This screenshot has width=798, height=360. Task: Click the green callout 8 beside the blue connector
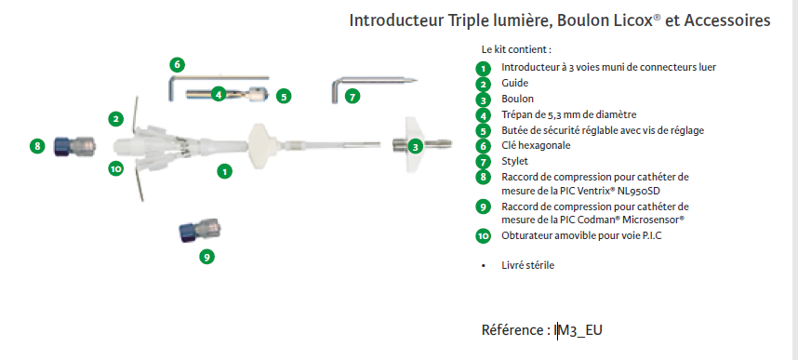click(x=37, y=146)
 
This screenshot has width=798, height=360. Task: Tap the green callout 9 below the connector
click(x=206, y=257)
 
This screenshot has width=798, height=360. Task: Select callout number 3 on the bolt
click(x=416, y=147)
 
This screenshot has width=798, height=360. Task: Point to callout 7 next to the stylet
click(x=352, y=96)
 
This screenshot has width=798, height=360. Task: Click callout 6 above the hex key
click(x=177, y=65)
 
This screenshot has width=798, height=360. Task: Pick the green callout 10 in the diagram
click(x=116, y=168)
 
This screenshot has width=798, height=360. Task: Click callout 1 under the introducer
click(x=224, y=171)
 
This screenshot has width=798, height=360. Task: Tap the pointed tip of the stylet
click(x=417, y=80)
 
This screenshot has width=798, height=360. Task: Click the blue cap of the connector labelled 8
click(x=62, y=146)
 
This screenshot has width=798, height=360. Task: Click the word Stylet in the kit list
click(x=515, y=162)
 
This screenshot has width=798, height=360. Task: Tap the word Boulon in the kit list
click(x=517, y=99)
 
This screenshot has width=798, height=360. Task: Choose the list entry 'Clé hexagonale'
click(x=536, y=146)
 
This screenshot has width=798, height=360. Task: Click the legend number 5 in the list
click(x=483, y=131)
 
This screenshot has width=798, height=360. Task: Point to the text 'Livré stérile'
click(x=527, y=265)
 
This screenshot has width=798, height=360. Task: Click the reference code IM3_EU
click(x=579, y=330)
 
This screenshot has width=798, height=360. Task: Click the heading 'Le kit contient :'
click(x=516, y=50)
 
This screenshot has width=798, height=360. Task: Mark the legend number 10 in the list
click(x=483, y=235)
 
